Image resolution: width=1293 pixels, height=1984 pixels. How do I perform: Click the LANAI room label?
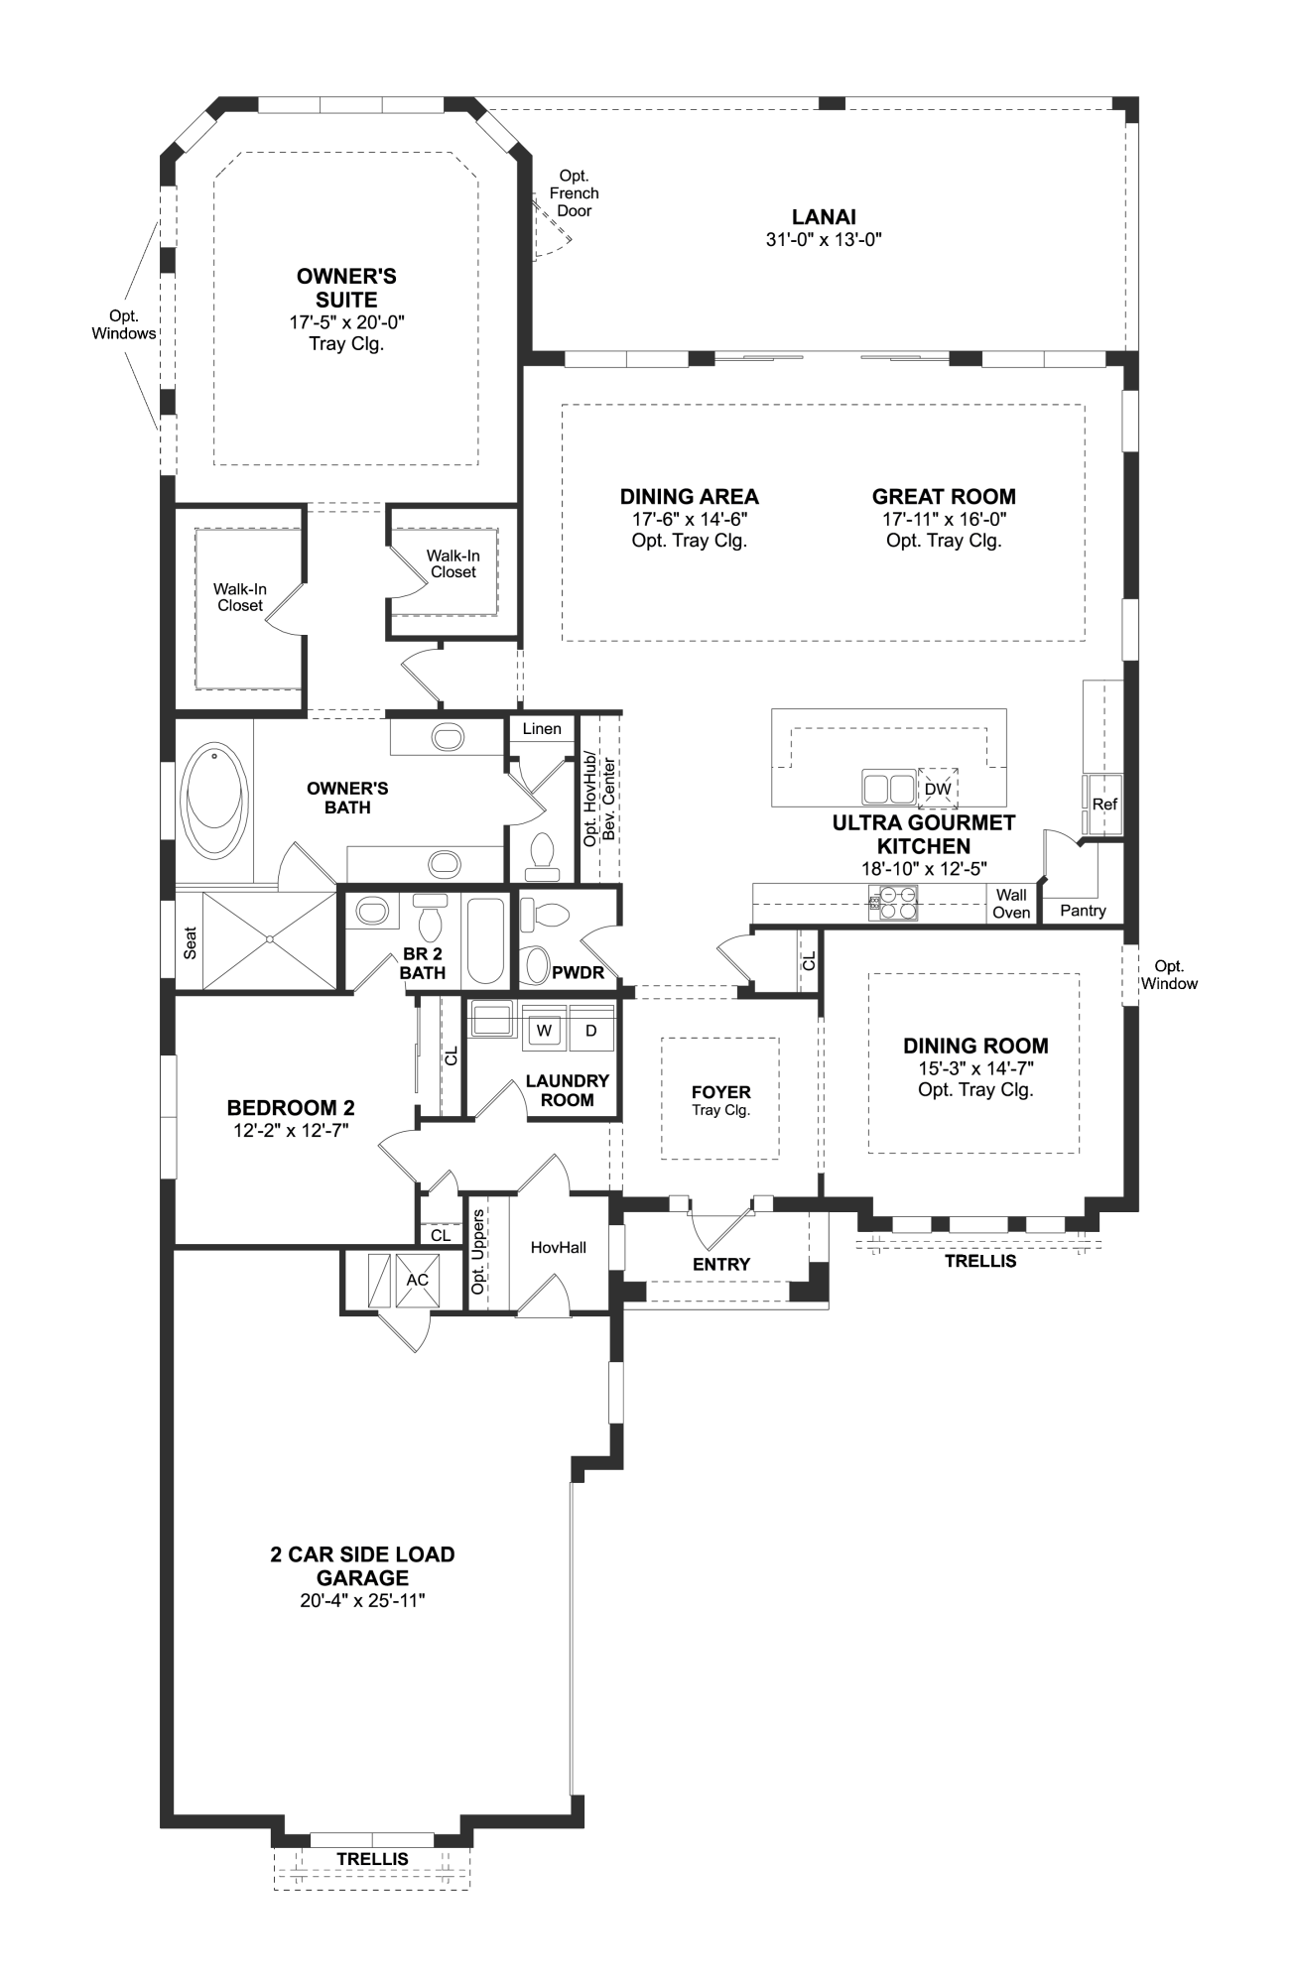[x=824, y=217]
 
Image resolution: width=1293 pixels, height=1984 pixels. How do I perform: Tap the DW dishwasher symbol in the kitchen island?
[x=938, y=789]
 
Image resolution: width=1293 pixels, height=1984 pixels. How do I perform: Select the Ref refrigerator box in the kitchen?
[x=1104, y=804]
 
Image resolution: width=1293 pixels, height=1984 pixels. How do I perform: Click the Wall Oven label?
[x=1011, y=904]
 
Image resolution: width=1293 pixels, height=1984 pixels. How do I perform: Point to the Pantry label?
[x=1083, y=911]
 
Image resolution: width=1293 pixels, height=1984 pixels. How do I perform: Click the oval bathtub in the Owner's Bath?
[x=213, y=804]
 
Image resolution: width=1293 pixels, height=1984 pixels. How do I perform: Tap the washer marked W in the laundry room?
[x=543, y=1031]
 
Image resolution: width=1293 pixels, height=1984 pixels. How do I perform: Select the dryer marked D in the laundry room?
[x=591, y=1031]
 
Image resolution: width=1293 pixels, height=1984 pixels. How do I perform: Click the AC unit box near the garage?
[x=417, y=1280]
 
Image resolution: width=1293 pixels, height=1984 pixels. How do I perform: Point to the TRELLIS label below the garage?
[x=372, y=1858]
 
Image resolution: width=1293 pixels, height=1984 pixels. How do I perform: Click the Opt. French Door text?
[x=574, y=193]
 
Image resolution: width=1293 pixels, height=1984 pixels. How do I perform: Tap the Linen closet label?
[x=542, y=728]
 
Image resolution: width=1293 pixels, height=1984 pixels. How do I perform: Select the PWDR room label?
[x=578, y=972]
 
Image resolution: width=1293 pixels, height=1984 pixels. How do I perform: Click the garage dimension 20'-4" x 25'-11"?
[x=362, y=1600]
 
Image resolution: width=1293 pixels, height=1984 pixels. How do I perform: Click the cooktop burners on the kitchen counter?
[x=895, y=903]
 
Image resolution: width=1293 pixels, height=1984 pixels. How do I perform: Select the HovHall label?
[x=558, y=1247]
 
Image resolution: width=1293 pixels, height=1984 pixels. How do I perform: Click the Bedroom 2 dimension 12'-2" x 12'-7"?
[x=290, y=1130]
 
